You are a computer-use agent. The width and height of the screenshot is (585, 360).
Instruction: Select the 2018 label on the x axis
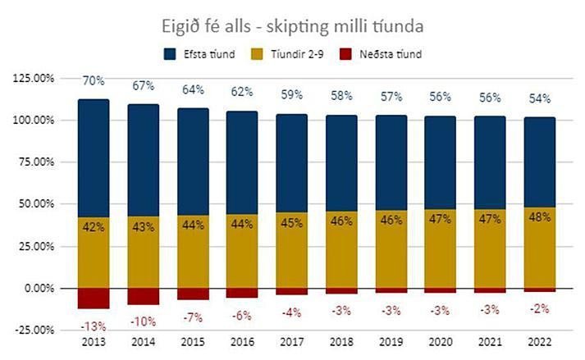click(x=341, y=341)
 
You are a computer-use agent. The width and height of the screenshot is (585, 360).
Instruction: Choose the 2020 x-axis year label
click(x=439, y=341)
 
